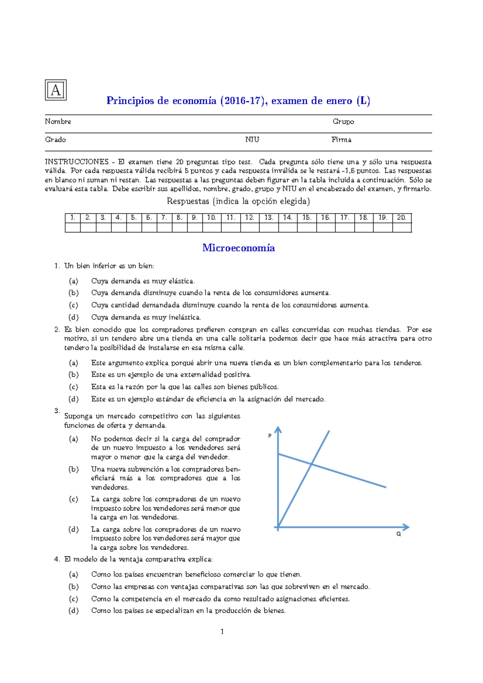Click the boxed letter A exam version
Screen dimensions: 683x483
click(56, 90)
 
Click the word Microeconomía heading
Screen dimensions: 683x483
click(238, 248)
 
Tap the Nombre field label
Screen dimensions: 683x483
click(58, 121)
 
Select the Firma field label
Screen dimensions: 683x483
click(341, 140)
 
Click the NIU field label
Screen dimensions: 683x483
click(252, 140)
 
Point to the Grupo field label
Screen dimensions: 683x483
click(343, 121)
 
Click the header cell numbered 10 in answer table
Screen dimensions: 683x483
click(212, 218)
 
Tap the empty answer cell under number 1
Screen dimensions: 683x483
click(72, 228)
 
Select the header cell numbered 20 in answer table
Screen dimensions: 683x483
click(402, 218)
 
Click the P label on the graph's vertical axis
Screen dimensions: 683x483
click(270, 436)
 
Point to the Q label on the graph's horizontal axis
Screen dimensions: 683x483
click(398, 534)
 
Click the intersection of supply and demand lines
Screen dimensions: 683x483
click(312, 465)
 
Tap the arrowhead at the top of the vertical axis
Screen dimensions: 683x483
click(278, 429)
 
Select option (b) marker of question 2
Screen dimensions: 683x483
click(73, 375)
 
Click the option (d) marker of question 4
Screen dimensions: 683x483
click(73, 611)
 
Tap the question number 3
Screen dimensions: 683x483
click(57, 411)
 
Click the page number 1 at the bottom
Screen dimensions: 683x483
click(222, 632)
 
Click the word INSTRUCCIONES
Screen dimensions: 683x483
click(77, 162)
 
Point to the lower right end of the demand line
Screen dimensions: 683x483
click(385, 487)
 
